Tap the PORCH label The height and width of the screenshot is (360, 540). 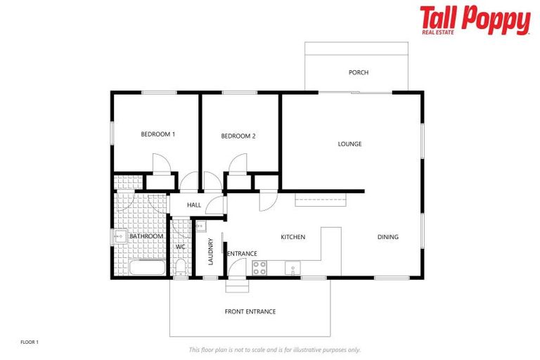pos(359,72)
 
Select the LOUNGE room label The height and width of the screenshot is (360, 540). pos(349,144)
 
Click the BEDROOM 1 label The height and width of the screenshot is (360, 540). pos(157,134)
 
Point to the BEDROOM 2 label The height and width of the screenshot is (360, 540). pos(238,136)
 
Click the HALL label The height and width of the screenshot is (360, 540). pos(194,205)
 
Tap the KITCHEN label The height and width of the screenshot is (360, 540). pos(292,238)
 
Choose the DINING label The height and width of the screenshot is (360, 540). pos(387,238)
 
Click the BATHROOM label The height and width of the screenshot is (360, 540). pos(146,236)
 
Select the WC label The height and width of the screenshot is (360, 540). pos(180,247)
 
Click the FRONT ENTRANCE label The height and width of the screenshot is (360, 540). pos(250,311)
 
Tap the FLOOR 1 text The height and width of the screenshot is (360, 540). pos(30,342)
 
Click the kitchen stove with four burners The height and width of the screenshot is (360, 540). pos(259,267)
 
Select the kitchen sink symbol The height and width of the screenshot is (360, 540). pos(292,267)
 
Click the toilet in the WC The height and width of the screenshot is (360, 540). pos(181,267)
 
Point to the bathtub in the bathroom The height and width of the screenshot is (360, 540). pos(147,269)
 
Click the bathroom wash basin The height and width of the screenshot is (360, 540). pos(120,237)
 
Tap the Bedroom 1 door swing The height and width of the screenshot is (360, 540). pos(162,164)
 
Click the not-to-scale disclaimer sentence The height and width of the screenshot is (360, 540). pos(275,349)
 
